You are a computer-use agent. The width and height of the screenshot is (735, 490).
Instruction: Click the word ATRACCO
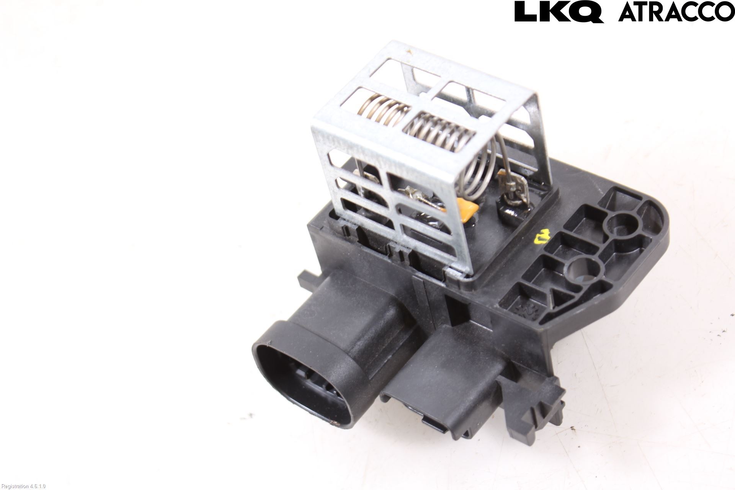coord(676,12)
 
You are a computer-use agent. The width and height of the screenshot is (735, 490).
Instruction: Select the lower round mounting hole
coord(582,268)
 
